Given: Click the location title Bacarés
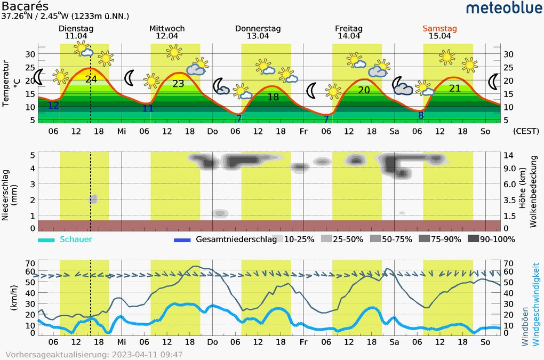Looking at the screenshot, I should tap(25, 6).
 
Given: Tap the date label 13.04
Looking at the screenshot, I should tap(258, 36).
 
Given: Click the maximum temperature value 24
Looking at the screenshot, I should tap(91, 79).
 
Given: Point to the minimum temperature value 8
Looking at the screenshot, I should tap(421, 115).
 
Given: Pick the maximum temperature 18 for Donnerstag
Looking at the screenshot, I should tap(273, 97).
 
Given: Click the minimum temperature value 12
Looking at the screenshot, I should tap(53, 105).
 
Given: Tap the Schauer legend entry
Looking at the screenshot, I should tap(76, 239).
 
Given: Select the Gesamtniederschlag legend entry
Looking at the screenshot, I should tap(236, 239).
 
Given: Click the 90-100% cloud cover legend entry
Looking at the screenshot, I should tap(497, 239).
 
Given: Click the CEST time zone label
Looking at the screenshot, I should tap(526, 131).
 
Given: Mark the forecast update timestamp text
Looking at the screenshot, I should tap(94, 354).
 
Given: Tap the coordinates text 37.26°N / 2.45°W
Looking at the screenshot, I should tap(66, 17).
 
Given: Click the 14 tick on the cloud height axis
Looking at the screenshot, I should tap(508, 155).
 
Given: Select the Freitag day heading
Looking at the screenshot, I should tap(349, 28).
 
